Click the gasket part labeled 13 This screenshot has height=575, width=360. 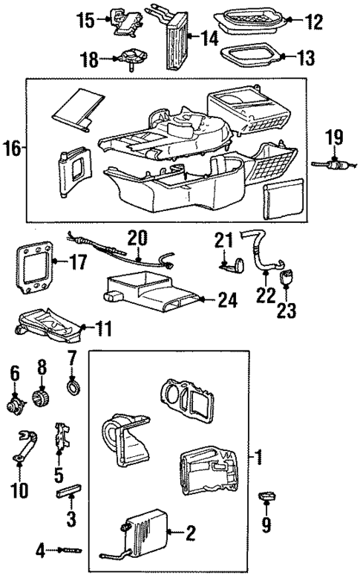click(249, 56)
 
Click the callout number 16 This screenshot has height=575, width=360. click(13, 148)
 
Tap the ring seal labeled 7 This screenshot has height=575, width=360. click(73, 387)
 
